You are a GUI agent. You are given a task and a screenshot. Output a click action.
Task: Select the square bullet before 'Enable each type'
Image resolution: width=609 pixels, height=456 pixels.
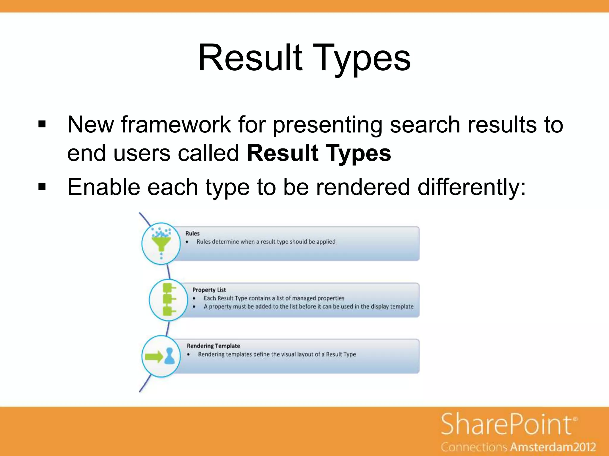pyautogui.click(x=42, y=187)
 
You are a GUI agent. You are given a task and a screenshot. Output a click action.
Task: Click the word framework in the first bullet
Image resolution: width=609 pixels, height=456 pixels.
pyautogui.click(x=176, y=125)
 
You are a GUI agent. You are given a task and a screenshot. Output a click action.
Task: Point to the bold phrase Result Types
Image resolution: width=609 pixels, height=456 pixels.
pyautogui.click(x=319, y=153)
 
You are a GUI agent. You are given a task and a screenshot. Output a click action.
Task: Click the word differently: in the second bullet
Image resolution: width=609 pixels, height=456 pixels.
pyautogui.click(x=472, y=187)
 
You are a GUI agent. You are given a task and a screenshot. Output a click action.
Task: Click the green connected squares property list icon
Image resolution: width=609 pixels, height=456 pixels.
pyautogui.click(x=169, y=299)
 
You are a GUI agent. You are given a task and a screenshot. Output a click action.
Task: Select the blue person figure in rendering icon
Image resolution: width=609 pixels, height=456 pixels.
pyautogui.click(x=170, y=356)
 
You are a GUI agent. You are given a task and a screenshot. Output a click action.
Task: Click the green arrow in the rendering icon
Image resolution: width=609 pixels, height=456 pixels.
pyautogui.click(x=154, y=356)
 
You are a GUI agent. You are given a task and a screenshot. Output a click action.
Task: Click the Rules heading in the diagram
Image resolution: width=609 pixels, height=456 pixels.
pyautogui.click(x=192, y=233)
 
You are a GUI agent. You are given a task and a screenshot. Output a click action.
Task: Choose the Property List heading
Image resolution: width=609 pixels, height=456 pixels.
pyautogui.click(x=209, y=290)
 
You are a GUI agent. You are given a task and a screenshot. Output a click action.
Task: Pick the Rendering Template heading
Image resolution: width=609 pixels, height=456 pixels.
pyautogui.click(x=213, y=346)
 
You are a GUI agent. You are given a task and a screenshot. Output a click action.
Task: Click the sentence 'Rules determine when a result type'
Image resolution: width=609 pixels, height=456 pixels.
pyautogui.click(x=266, y=242)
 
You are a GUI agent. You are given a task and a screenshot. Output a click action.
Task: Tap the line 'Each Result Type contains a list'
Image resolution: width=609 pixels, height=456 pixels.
pyautogui.click(x=274, y=298)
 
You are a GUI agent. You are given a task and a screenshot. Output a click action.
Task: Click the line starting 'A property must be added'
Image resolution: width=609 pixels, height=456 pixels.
pyautogui.click(x=308, y=306)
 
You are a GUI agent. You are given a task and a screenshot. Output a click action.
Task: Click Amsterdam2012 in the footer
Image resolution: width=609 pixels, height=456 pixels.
pyautogui.click(x=553, y=447)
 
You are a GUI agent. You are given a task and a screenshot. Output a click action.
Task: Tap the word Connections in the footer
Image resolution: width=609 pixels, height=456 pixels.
pyautogui.click(x=474, y=447)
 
